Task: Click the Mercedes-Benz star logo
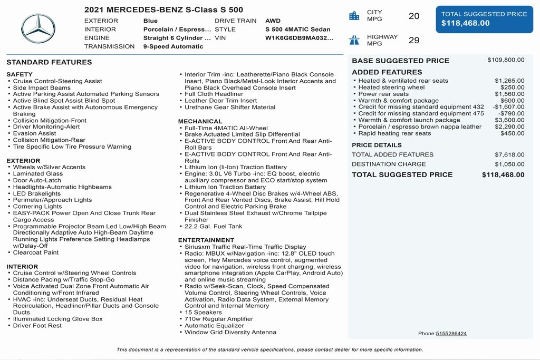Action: pos(38,29)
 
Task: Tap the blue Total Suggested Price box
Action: pos(484,19)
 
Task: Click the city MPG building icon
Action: pos(354,16)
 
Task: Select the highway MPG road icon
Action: pos(354,40)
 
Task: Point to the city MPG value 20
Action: pos(414,16)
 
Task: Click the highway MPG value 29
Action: pos(414,40)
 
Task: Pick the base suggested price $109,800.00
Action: pos(506,60)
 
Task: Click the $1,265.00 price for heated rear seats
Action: pos(509,81)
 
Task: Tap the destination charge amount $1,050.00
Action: pos(509,164)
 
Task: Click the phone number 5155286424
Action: pos(451,334)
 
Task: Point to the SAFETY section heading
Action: pos(20,74)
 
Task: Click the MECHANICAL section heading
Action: pos(200,121)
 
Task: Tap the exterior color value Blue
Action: pos(150,21)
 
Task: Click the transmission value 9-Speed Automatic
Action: pos(173,46)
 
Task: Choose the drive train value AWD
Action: pos(273,21)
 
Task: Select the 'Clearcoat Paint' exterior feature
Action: pos(36,252)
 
